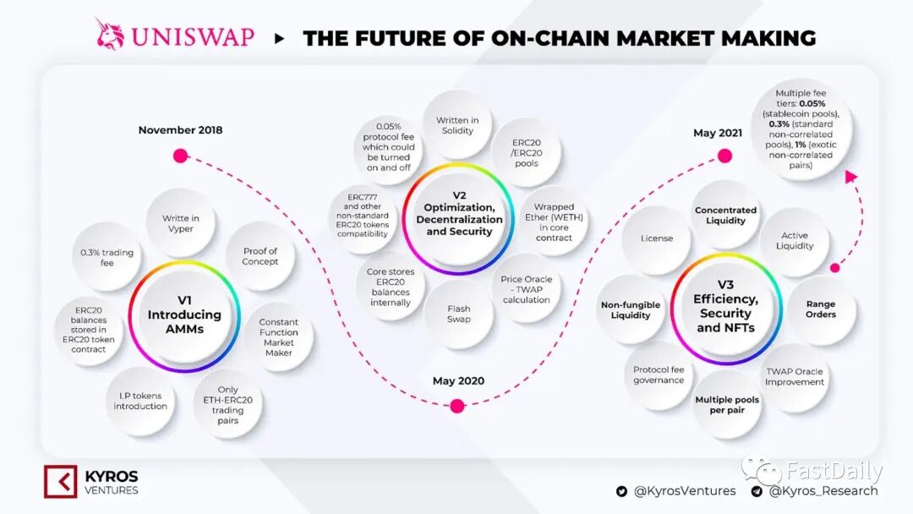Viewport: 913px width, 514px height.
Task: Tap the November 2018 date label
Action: tap(180, 130)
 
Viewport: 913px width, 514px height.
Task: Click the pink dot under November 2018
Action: tap(180, 156)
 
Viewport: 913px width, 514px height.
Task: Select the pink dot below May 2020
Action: tap(457, 406)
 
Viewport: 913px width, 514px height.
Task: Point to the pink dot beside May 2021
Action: tap(724, 156)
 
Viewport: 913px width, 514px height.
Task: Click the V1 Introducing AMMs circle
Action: tap(184, 315)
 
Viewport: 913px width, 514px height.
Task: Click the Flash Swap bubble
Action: tap(459, 314)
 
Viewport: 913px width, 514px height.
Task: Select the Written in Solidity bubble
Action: tap(457, 125)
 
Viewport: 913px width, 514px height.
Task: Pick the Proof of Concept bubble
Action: tap(260, 256)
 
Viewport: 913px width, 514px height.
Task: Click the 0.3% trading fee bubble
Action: tap(107, 257)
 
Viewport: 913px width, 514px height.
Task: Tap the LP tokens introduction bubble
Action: tap(141, 401)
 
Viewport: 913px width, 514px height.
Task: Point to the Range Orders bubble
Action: tap(821, 309)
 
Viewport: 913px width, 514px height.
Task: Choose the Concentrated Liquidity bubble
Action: tap(725, 216)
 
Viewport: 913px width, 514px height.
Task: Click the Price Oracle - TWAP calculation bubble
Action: tap(526, 289)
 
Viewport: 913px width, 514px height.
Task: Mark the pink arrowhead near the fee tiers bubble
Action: tap(851, 178)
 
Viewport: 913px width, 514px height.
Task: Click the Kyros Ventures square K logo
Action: tap(60, 482)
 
